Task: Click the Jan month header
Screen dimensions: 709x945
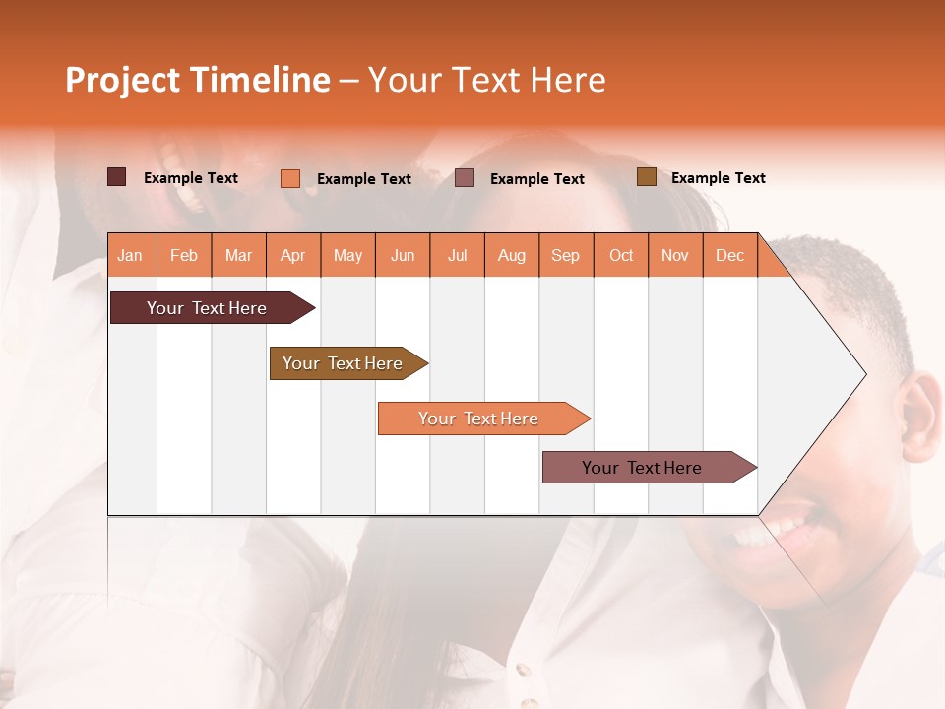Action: click(x=130, y=255)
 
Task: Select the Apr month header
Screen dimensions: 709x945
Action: click(x=292, y=255)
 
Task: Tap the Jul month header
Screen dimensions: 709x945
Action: click(x=457, y=255)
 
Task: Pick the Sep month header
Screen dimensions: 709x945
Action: click(x=565, y=255)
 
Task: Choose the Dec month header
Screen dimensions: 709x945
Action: click(x=729, y=255)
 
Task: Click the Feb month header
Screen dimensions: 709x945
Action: click(x=184, y=255)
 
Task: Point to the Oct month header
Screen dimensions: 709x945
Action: click(x=621, y=255)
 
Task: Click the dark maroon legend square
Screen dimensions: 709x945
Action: click(x=116, y=177)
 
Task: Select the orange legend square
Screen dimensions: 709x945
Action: click(x=289, y=178)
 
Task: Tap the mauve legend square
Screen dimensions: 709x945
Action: click(x=465, y=178)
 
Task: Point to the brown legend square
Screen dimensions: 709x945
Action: click(x=646, y=177)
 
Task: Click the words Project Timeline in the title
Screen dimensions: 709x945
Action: click(x=197, y=80)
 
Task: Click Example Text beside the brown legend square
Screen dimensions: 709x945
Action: click(x=718, y=178)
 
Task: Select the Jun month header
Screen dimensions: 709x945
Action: click(x=403, y=255)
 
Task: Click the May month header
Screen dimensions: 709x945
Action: click(x=347, y=255)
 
